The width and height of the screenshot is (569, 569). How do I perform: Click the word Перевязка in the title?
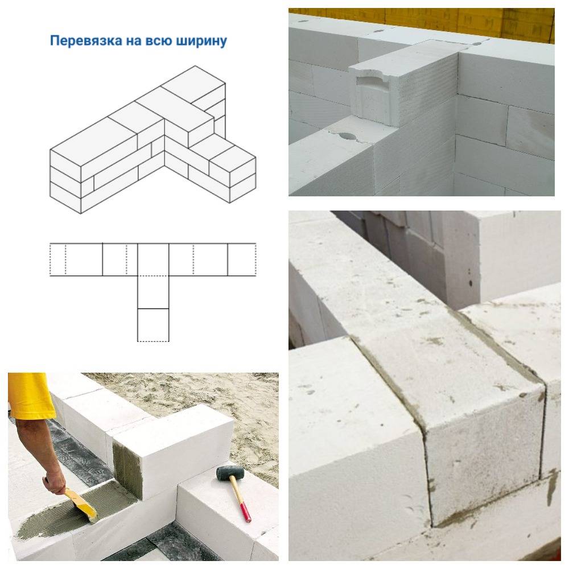click(x=86, y=41)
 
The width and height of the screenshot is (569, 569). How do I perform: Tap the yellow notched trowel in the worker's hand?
click(x=81, y=504)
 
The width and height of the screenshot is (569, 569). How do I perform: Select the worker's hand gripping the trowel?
click(x=55, y=482)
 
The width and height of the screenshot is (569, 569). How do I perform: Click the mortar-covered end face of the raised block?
click(x=127, y=472)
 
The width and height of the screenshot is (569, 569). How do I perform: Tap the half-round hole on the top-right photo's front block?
click(x=347, y=137)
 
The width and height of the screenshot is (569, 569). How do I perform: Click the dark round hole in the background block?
click(x=471, y=283)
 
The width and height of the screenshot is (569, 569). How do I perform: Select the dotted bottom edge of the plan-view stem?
click(x=153, y=341)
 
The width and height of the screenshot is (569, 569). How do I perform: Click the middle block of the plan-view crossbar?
click(x=153, y=259)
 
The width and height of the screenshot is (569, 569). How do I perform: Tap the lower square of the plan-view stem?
click(x=153, y=325)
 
